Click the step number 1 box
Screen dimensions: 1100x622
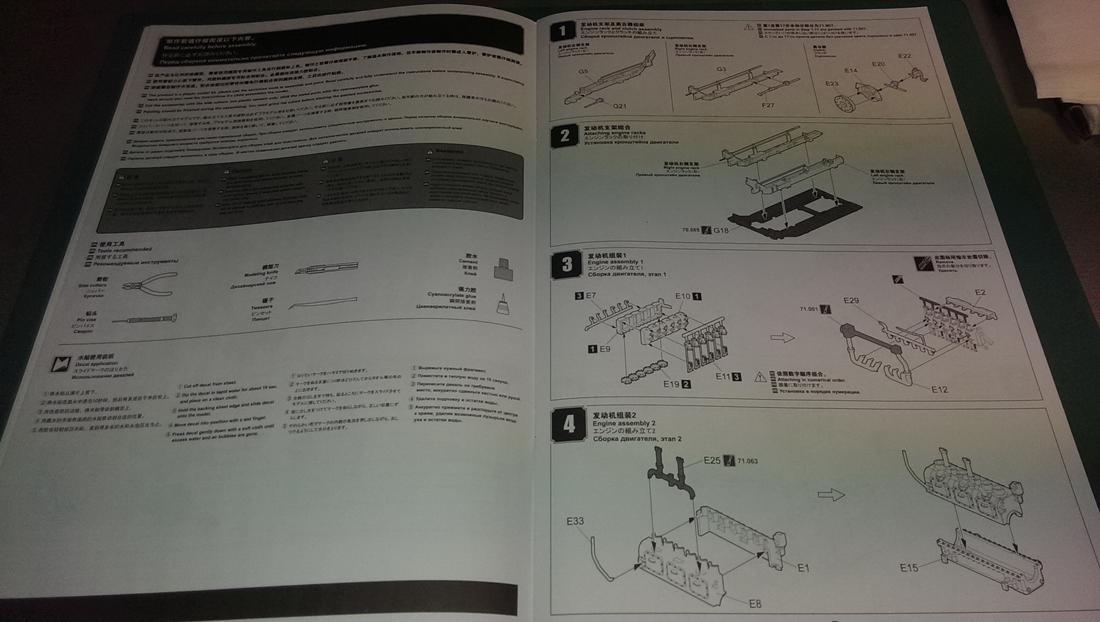pos(563,32)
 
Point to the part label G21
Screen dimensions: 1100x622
pos(620,106)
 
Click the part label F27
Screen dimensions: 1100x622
pos(768,105)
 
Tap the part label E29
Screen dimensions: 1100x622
pos(851,301)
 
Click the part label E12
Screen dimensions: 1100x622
pos(939,390)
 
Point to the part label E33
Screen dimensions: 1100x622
pos(575,521)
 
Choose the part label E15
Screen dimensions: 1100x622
pos(909,568)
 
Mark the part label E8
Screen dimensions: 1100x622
pos(756,604)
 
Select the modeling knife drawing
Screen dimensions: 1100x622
pos(326,269)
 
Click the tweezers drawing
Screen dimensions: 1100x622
pos(323,304)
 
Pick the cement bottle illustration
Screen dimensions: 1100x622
pos(505,270)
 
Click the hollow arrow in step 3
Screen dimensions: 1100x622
pos(782,338)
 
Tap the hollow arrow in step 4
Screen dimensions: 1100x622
pos(831,495)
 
